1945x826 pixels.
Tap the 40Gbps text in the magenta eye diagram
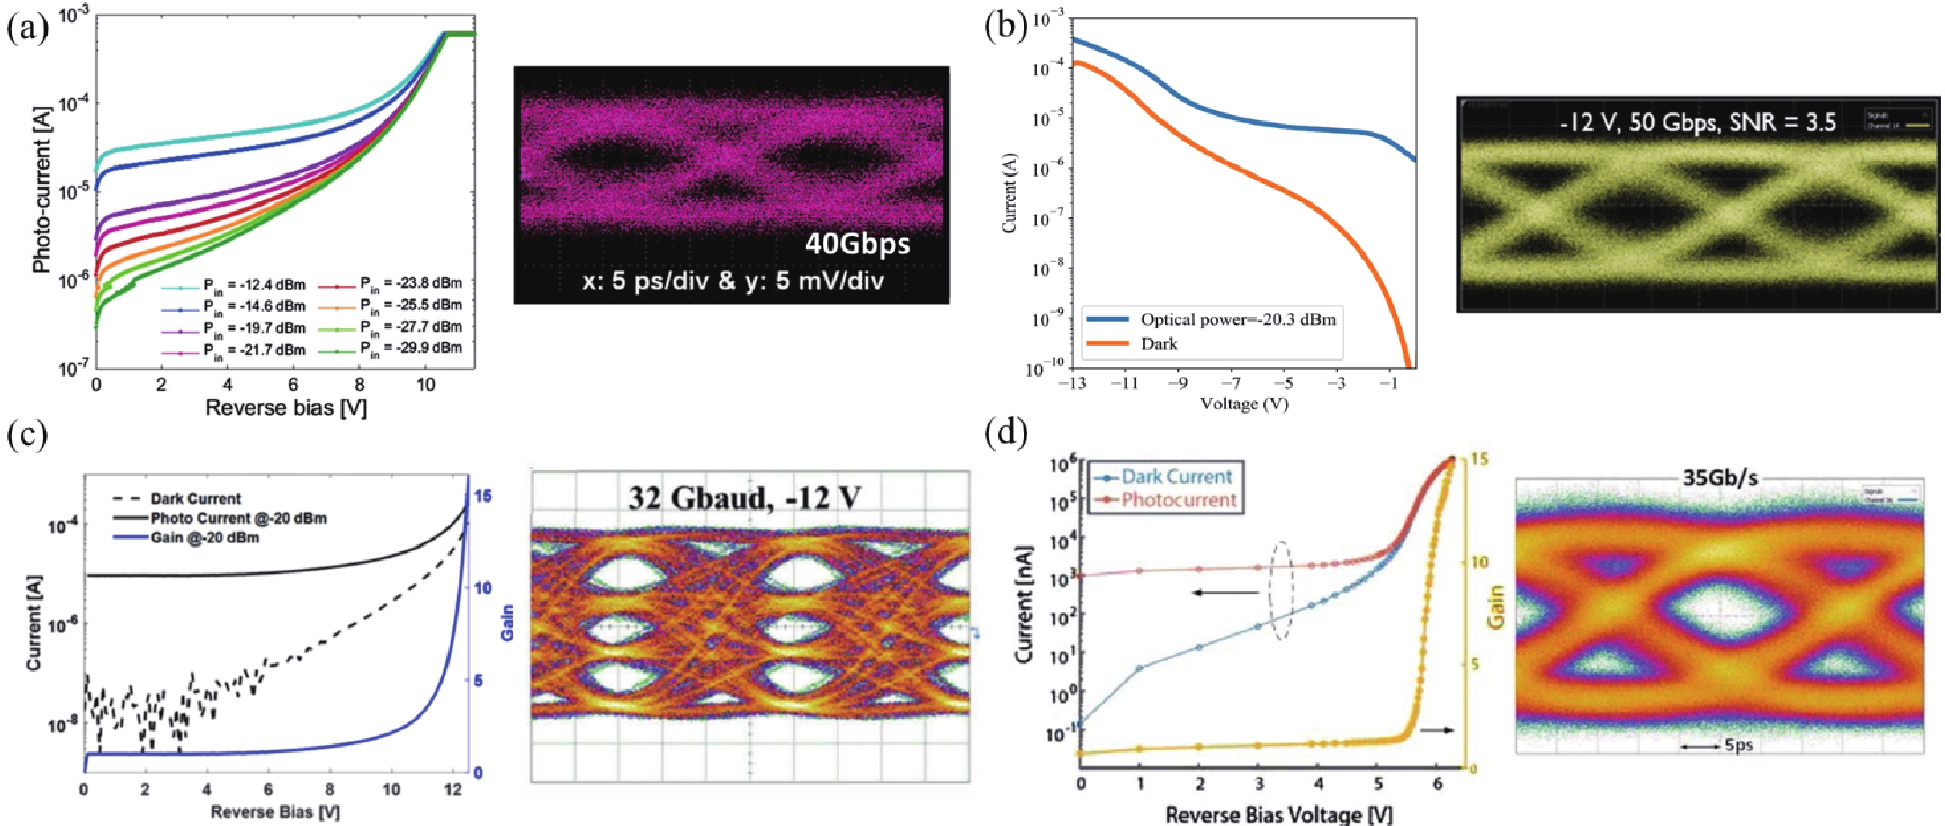(857, 243)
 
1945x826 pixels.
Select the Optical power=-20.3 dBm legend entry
(1237, 319)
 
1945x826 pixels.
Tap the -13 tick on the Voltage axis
(1072, 383)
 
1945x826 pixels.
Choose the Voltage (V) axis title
(1244, 404)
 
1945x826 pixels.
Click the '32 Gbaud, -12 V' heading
(743, 497)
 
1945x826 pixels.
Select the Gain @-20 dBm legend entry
(204, 538)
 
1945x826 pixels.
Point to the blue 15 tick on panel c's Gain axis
(483, 496)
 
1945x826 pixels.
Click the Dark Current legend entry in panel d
(1176, 477)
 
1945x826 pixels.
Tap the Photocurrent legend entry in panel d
(1178, 500)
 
